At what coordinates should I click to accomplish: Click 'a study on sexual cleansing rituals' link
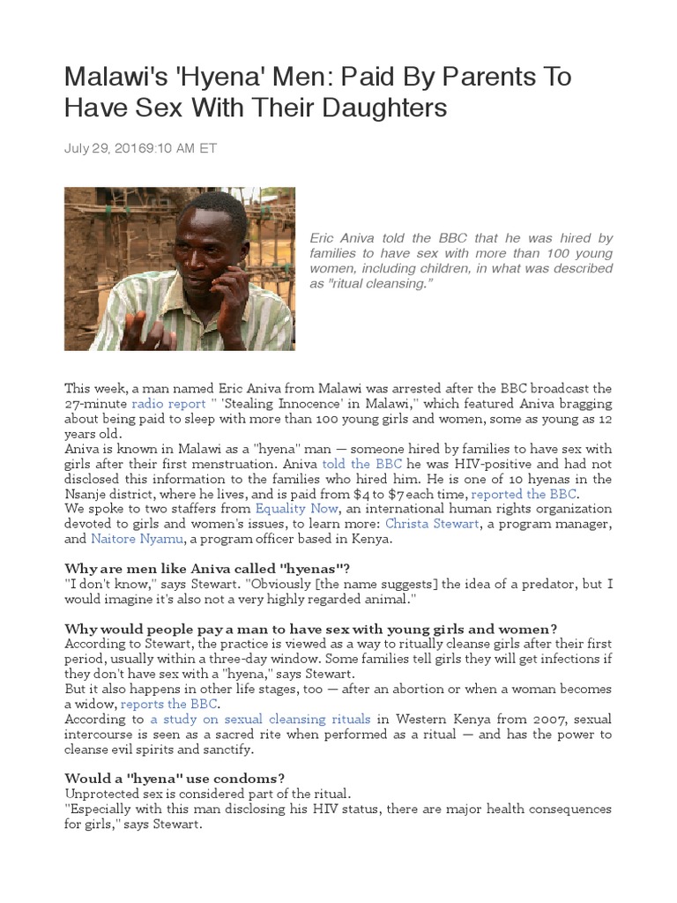260,720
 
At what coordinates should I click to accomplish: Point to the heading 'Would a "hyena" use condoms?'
175,778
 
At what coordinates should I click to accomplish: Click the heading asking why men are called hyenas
212,568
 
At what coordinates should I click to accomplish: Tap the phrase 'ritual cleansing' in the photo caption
390,286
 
